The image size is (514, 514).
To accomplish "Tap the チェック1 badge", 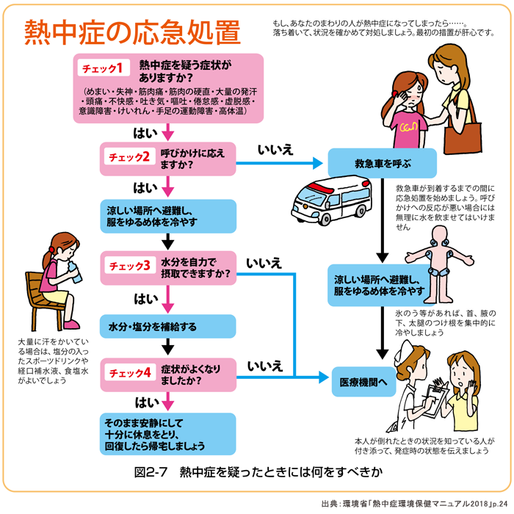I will pyautogui.click(x=106, y=69).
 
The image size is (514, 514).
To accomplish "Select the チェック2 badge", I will pyautogui.click(x=129, y=157).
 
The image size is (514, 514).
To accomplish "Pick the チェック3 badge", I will pyautogui.click(x=130, y=265).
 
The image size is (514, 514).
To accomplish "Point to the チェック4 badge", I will pyautogui.click(x=130, y=373).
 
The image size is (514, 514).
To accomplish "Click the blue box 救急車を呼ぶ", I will pyautogui.click(x=382, y=163).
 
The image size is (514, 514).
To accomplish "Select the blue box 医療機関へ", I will pyautogui.click(x=358, y=383).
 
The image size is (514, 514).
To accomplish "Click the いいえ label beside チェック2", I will pyautogui.click(x=275, y=150).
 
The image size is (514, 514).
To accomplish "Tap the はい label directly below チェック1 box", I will pyautogui.click(x=144, y=134).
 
